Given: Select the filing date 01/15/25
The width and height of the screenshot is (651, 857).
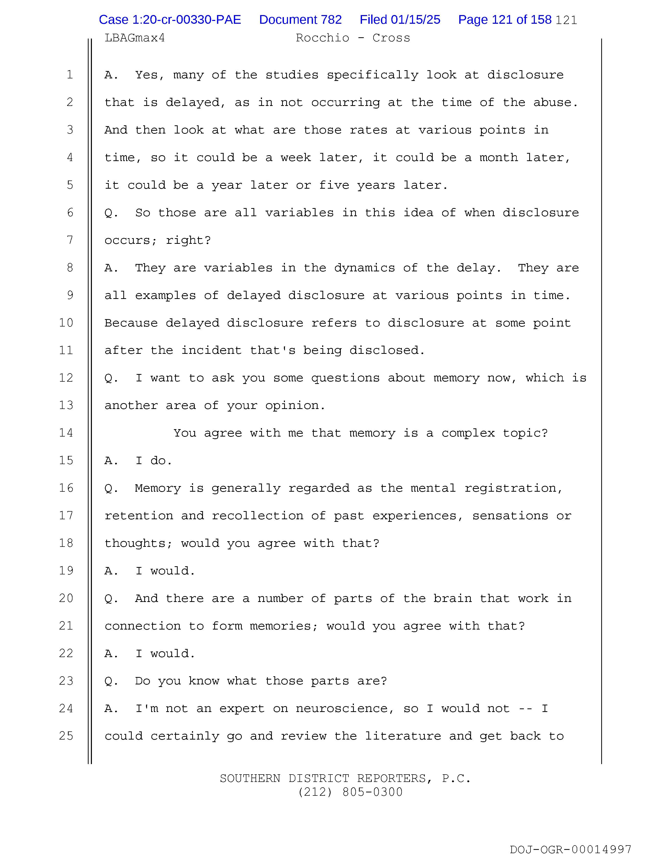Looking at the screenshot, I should click(415, 20).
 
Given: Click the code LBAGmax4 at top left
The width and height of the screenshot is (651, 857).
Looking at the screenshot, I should click(135, 38).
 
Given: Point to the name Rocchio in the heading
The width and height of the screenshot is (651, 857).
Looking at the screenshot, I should click(322, 38).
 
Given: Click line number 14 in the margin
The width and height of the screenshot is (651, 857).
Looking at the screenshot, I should click(66, 433).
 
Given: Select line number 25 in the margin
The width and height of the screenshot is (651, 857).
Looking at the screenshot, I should click(66, 736).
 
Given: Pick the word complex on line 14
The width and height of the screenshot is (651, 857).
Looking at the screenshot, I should click(468, 433).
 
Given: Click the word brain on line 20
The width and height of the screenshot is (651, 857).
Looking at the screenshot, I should click(452, 599).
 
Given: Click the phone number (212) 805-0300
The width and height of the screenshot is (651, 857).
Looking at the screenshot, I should click(350, 792).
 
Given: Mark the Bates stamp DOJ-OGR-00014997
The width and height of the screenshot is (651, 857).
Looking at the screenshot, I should click(570, 850).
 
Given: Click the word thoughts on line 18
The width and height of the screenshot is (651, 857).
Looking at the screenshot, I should click(135, 544).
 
